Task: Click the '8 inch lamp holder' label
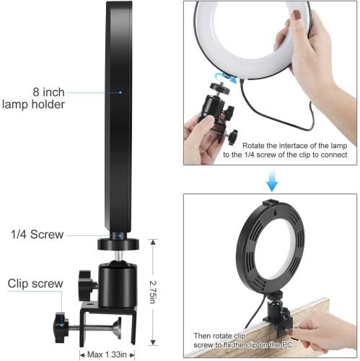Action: tap(45, 98)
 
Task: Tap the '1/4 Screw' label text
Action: tap(38, 235)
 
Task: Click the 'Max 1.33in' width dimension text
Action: tap(109, 354)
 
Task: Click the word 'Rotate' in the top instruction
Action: tap(256, 144)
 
